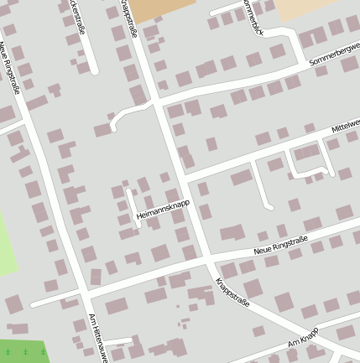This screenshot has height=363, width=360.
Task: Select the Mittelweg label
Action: pyautogui.click(x=345, y=126)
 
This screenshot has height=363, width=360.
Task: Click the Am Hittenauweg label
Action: pyautogui.click(x=99, y=339)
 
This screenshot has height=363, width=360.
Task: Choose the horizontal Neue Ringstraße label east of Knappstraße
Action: pyautogui.click(x=280, y=245)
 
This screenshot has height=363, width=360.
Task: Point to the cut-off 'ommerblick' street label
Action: pyautogui.click(x=251, y=15)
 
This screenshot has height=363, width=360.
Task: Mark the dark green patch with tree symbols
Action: pyautogui.click(x=22, y=351)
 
